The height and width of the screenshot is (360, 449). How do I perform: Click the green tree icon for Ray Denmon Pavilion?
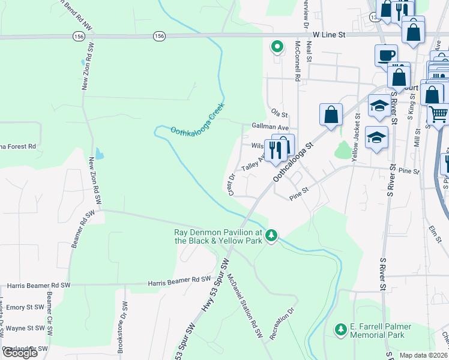(x=271, y=234)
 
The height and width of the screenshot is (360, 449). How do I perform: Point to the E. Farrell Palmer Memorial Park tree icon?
(x=340, y=329)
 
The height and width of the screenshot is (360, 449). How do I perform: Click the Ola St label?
(x=280, y=113)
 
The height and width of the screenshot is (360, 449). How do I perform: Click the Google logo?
(x=20, y=352)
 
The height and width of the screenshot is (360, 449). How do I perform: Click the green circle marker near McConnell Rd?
(x=277, y=46)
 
